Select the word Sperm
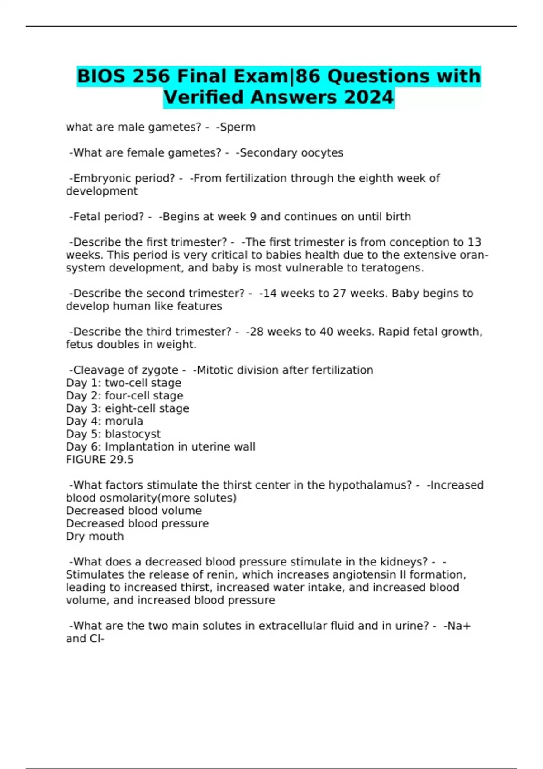[237, 127]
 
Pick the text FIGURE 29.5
[100, 460]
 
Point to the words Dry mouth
[95, 536]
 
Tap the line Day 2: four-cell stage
[124, 396]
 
